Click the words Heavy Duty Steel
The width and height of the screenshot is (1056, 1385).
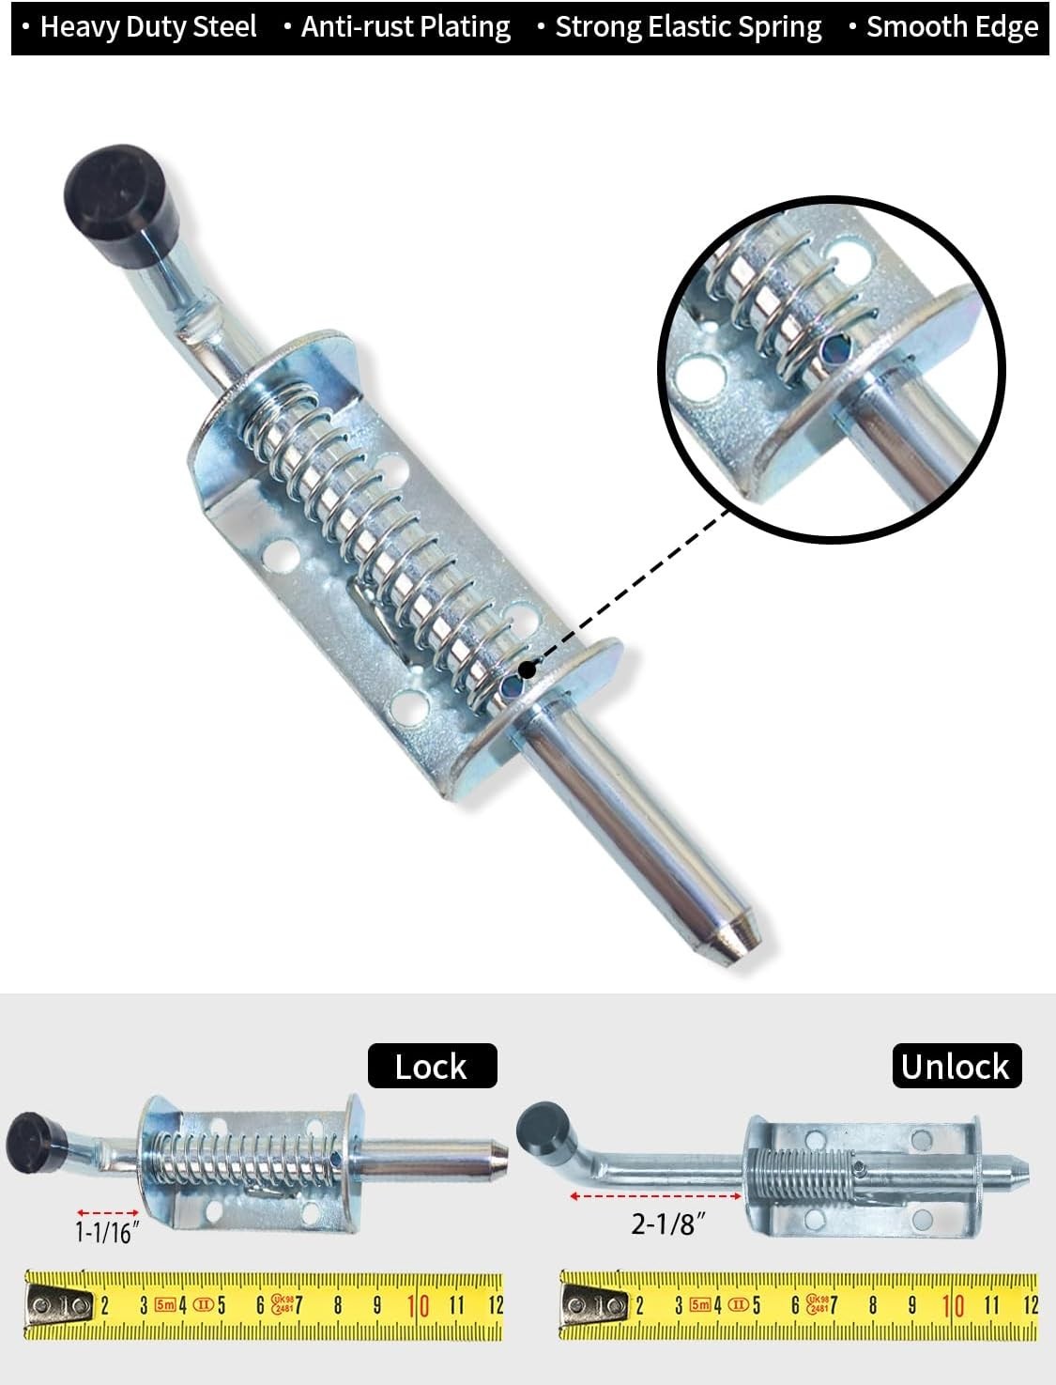coord(148,28)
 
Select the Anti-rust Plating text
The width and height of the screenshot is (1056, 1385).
coord(406,28)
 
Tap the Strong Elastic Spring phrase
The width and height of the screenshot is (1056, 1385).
coord(688,28)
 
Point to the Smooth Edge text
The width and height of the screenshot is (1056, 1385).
coord(953,28)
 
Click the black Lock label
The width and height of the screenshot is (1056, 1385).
coord(432,1066)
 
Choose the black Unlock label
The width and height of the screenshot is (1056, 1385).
coord(957,1066)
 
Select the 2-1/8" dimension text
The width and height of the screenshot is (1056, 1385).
coord(666,1224)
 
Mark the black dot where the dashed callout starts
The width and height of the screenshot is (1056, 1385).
coord(527,669)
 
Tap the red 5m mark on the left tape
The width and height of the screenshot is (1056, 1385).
coord(165,1303)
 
